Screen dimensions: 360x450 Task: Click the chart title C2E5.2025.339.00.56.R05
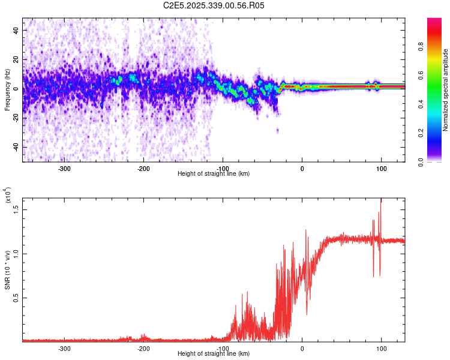pos(214,5)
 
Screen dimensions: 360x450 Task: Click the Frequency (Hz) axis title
pos(7,89)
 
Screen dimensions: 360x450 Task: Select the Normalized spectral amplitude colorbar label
pos(446,90)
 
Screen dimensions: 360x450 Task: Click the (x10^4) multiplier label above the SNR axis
pos(8,195)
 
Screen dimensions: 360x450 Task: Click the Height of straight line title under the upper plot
pos(214,174)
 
